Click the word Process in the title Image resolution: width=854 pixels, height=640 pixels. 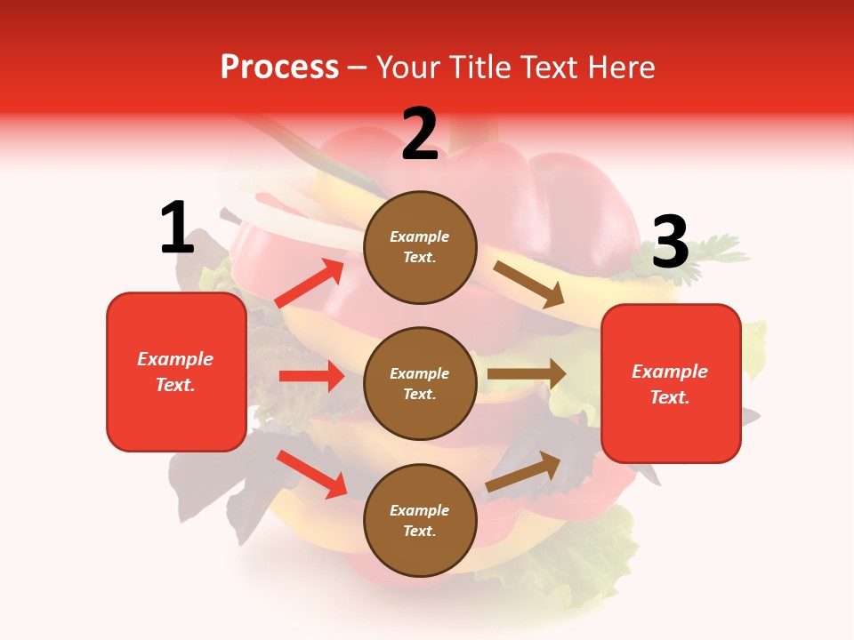(x=279, y=68)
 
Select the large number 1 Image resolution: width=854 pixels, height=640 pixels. (x=176, y=228)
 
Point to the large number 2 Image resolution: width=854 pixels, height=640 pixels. (x=420, y=134)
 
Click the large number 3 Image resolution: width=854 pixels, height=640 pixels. (x=670, y=243)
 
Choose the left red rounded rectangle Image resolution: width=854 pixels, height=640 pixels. (x=176, y=372)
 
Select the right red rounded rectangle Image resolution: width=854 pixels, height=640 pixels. (x=671, y=383)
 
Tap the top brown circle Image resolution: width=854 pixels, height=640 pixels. (x=420, y=247)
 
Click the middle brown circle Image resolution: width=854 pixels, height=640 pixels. (x=420, y=383)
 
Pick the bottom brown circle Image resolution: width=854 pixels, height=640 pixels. (x=420, y=520)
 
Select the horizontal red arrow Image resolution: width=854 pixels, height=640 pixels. (x=311, y=376)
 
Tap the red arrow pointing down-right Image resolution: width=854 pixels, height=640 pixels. (x=312, y=474)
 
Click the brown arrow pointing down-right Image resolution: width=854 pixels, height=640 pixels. (x=530, y=284)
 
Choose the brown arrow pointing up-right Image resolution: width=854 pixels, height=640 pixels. (x=523, y=472)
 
